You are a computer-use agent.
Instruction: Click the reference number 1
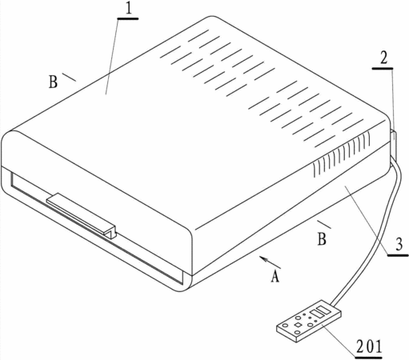(128, 9)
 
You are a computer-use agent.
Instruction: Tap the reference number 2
(383, 59)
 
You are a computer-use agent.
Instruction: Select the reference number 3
(399, 245)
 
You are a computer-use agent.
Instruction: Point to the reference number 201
(369, 346)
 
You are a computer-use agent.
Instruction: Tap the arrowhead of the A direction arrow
(263, 258)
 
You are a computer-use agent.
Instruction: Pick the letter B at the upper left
(53, 82)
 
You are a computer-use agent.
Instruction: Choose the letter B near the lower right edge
(322, 239)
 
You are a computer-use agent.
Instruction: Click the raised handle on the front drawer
(82, 215)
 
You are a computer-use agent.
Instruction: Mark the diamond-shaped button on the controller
(298, 324)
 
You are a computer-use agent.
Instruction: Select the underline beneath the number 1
(128, 18)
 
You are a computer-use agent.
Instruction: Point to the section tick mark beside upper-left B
(69, 77)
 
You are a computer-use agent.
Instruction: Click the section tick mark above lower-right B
(324, 225)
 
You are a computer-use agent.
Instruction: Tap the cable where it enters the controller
(335, 303)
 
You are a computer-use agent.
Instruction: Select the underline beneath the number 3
(398, 255)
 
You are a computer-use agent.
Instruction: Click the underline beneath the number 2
(383, 69)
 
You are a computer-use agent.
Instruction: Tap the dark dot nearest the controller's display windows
(310, 318)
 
